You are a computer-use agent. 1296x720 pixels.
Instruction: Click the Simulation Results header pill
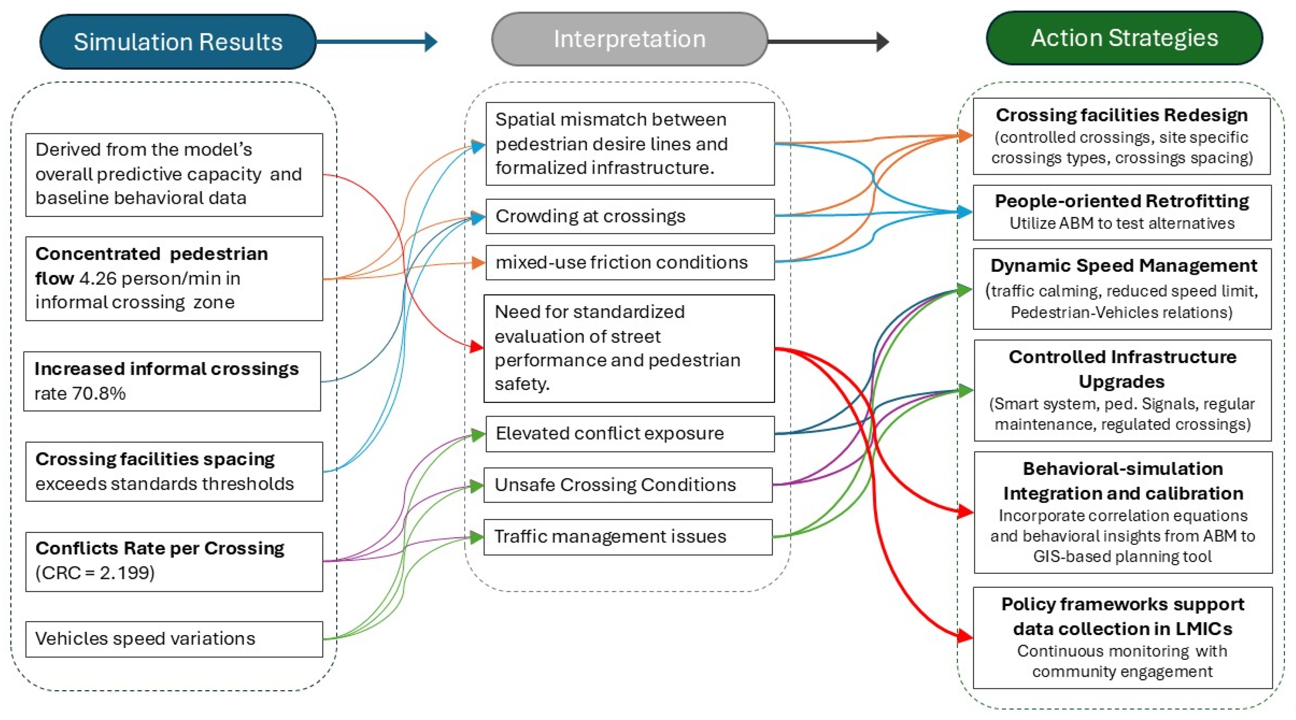178,41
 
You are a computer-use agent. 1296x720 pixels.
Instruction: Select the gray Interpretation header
629,39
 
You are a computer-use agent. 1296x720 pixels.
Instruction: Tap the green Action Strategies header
1124,38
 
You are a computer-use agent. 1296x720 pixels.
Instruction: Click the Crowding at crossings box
630,216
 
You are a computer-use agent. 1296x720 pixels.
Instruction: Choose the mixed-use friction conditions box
630,262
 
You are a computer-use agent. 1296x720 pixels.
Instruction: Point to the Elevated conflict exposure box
630,434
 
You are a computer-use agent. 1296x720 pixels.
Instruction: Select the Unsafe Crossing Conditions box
628,485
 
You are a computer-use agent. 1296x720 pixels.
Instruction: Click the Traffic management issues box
628,537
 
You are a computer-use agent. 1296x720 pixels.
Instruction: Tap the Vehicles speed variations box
174,639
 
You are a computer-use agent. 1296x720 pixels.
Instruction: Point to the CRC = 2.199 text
95,572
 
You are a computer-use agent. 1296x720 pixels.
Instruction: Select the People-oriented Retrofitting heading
1122,201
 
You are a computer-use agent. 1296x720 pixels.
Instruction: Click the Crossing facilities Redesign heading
1122,115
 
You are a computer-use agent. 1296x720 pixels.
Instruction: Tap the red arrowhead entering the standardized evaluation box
476,346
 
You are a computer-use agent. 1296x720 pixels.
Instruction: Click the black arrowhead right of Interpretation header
883,42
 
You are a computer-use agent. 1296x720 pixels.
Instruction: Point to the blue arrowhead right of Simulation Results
431,42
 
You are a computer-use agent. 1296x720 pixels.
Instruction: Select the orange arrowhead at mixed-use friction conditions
478,263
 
